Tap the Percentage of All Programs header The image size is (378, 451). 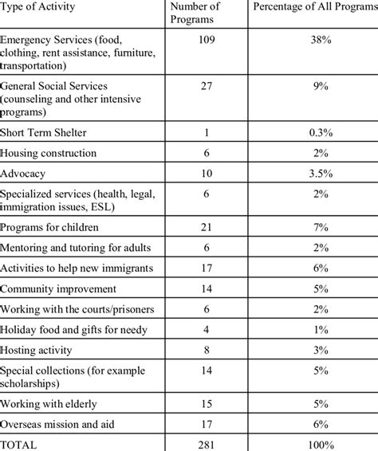point(314,7)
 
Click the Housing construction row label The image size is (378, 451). point(49,152)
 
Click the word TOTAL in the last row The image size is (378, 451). point(20,442)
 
